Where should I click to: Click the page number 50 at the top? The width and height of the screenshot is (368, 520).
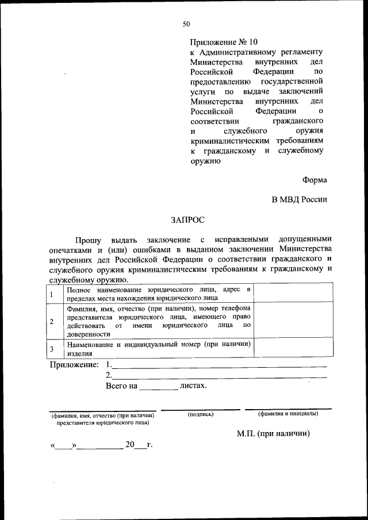click(186, 24)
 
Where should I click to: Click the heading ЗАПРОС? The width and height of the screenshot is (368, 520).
click(187, 219)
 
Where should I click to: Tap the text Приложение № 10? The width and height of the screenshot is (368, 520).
click(224, 42)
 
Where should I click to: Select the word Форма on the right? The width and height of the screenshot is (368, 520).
click(315, 180)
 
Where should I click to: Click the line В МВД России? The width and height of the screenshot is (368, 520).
click(299, 199)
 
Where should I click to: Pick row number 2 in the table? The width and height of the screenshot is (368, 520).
click(52, 321)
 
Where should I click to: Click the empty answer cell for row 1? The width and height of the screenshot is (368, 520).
click(293, 293)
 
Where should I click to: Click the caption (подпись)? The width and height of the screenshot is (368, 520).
click(200, 414)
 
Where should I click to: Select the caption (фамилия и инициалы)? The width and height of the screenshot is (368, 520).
click(288, 414)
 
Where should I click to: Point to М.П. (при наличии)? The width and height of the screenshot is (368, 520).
click(273, 434)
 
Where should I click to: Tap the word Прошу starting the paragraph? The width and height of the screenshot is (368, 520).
click(88, 238)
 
